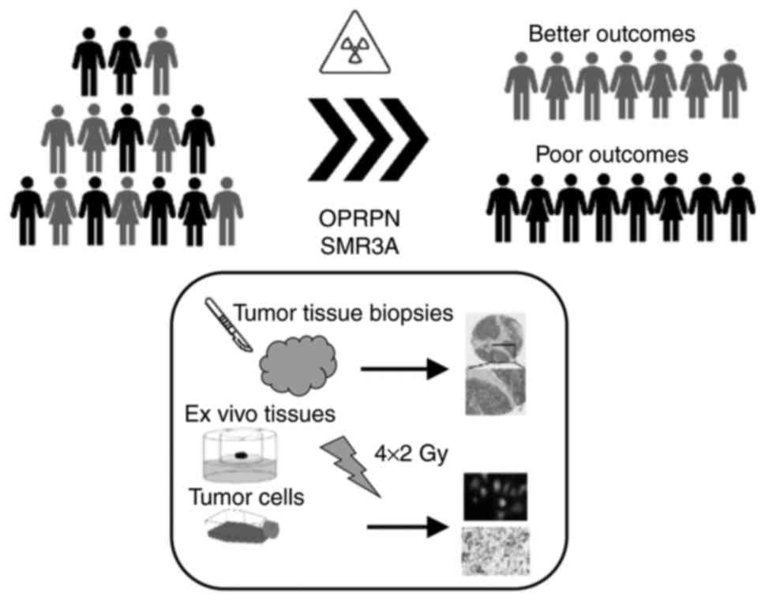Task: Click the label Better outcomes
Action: pos(611,34)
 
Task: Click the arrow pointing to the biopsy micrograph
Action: pos(403,367)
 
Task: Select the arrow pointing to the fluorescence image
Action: pos(403,527)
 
